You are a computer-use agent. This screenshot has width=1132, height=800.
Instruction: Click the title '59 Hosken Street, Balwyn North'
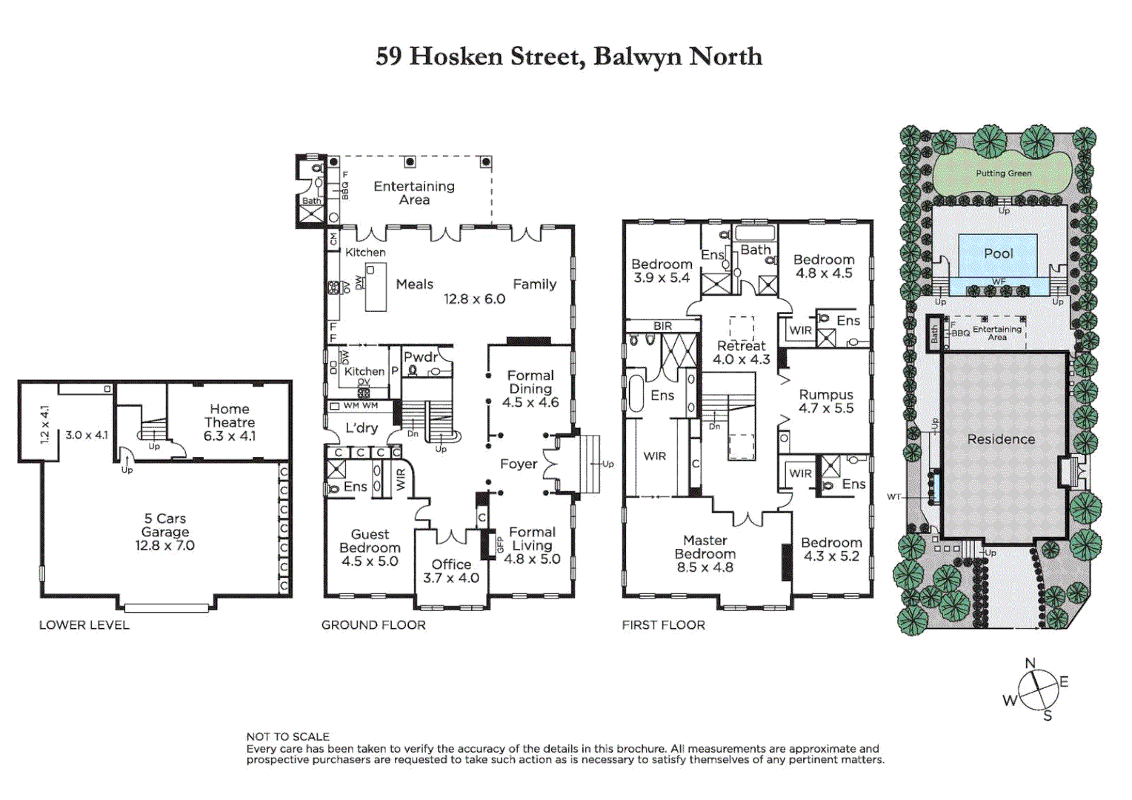point(568,57)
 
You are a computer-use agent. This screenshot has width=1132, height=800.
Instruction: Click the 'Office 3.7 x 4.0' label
point(450,571)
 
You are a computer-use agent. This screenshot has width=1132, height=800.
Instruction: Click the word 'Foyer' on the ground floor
point(518,464)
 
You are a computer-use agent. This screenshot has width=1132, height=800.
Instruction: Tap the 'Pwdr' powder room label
point(420,357)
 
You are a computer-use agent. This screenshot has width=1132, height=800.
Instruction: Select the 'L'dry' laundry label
point(362,428)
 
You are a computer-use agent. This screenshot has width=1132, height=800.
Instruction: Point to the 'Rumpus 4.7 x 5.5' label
point(826,401)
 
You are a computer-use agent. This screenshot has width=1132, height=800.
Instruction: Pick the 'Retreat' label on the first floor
point(741,346)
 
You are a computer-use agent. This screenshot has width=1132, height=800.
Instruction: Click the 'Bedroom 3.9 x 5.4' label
point(662,271)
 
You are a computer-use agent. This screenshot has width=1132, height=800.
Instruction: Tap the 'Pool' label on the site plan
point(998,253)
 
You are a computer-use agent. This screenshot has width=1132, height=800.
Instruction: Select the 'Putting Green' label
point(1003,173)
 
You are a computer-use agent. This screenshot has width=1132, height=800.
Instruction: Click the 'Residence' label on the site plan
point(1001,439)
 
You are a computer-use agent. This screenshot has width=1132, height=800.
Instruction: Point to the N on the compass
point(1030,664)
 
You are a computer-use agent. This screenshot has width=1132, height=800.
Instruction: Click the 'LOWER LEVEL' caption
point(84,625)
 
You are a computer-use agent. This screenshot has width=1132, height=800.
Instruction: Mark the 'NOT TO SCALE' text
point(287,736)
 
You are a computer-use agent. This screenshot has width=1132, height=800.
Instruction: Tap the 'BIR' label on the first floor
point(662,326)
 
